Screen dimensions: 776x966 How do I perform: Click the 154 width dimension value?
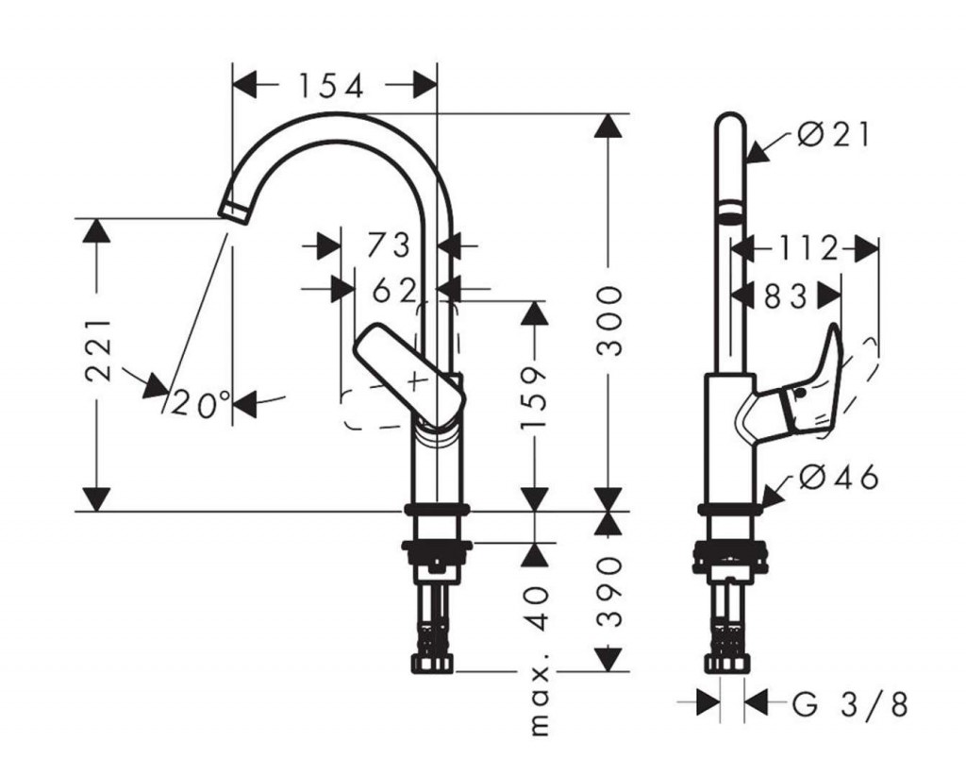tap(331, 87)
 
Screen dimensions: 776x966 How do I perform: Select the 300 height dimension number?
tap(611, 321)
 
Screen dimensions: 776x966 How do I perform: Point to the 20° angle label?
tap(201, 404)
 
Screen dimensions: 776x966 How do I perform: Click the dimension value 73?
tap(388, 246)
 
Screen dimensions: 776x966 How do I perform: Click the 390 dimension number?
tap(611, 592)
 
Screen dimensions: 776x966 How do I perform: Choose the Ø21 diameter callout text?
tap(834, 135)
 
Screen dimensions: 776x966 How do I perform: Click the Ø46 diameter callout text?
tap(838, 478)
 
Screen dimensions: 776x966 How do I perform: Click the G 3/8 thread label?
tap(850, 703)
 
